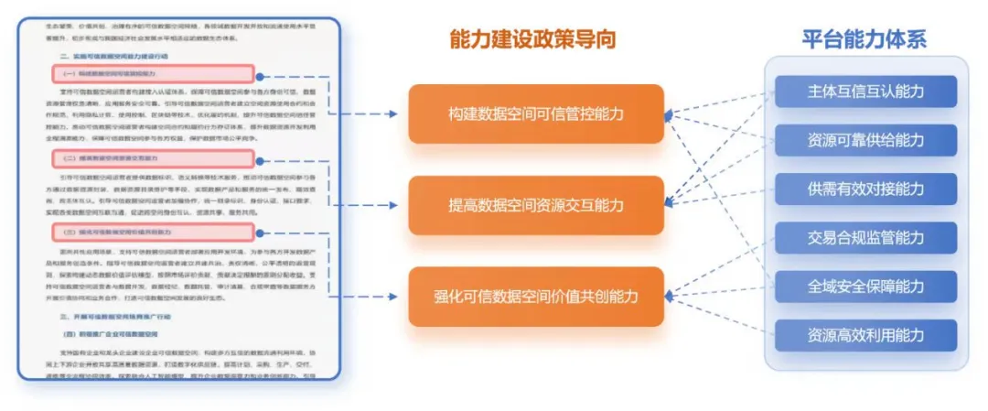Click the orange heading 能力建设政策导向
(532, 38)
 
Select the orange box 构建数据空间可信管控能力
(535, 114)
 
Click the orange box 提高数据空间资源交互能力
(535, 205)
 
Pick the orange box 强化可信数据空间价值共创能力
(535, 296)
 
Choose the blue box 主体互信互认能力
(865, 92)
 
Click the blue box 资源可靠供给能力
(865, 140)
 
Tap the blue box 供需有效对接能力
(865, 189)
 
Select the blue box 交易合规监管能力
(865, 238)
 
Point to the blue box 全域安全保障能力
(865, 287)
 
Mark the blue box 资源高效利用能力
(865, 335)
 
